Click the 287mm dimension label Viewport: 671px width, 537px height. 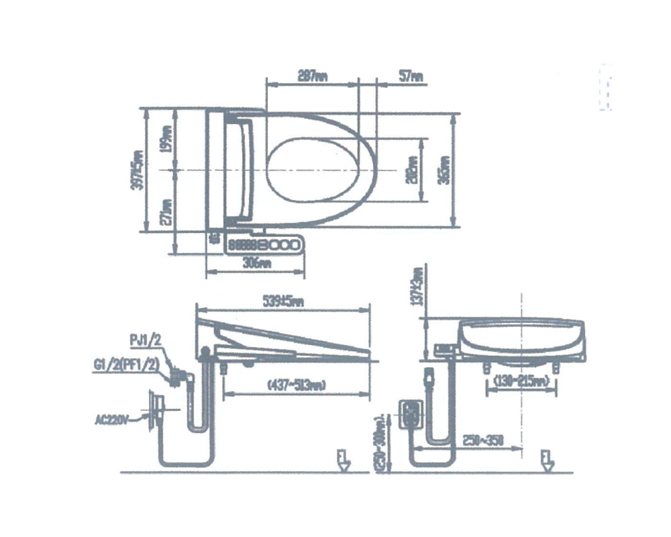point(312,77)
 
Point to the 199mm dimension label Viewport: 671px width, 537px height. point(166,138)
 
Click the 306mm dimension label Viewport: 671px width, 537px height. point(256,264)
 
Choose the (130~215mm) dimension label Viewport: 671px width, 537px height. point(521,382)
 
